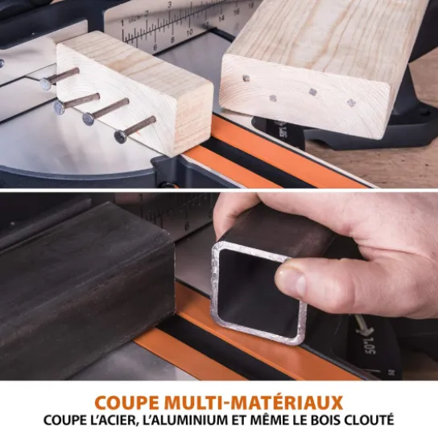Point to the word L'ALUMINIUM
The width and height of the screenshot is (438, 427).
[184, 420]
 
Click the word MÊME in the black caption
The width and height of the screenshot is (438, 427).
[268, 420]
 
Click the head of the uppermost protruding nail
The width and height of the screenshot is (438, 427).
[46, 84]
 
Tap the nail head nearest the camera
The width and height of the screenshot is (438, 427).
[121, 137]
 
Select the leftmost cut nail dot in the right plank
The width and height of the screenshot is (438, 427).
[246, 78]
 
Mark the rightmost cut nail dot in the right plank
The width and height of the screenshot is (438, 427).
[351, 102]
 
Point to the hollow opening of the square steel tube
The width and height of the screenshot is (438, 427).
[258, 294]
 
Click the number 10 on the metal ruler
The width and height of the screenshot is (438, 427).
[190, 32]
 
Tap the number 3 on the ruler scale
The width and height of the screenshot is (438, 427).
[170, 5]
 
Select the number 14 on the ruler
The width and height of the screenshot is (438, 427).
[221, 19]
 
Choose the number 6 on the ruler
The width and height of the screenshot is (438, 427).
[155, 47]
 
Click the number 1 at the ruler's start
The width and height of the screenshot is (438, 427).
[122, 23]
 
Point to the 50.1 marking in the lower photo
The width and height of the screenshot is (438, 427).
[370, 345]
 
